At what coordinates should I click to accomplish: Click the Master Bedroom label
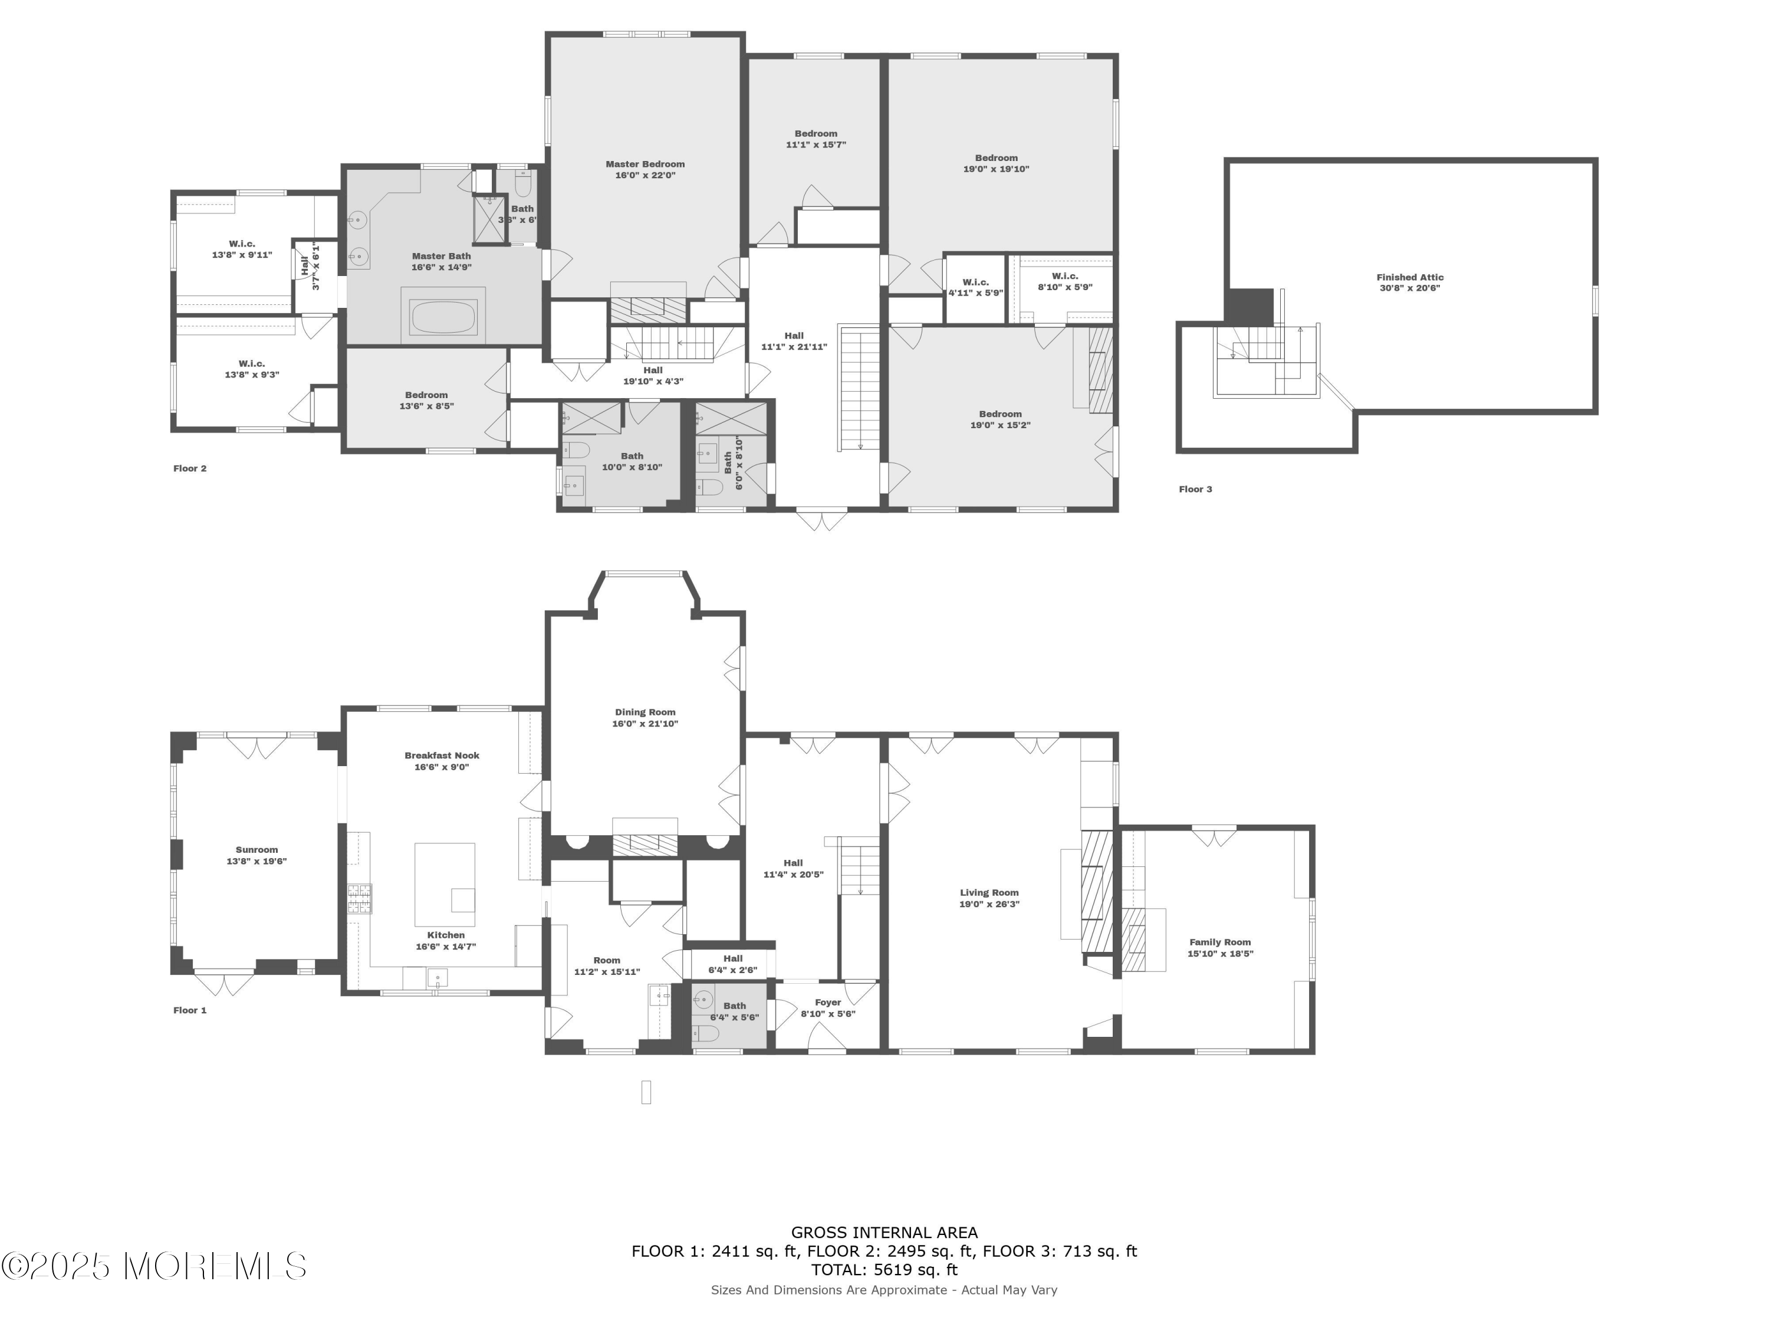645,165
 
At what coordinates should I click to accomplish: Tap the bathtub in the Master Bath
443,317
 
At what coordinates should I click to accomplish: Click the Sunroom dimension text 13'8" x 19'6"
256,862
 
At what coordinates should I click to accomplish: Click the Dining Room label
645,712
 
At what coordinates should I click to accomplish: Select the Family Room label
1219,942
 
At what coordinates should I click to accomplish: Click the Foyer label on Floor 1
828,1002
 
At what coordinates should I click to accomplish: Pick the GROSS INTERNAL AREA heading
884,1233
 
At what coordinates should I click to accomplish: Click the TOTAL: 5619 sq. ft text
884,1269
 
